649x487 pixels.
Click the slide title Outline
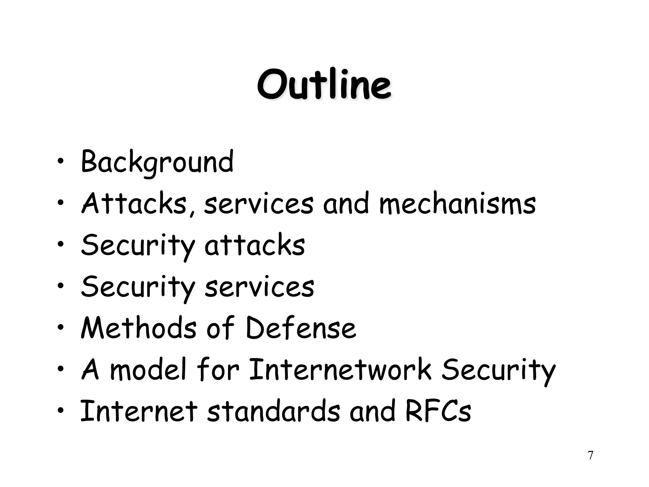click(324, 84)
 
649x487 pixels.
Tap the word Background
click(157, 162)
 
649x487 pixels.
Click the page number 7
click(590, 455)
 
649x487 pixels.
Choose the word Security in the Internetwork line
click(498, 370)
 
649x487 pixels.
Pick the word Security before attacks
click(138, 246)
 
